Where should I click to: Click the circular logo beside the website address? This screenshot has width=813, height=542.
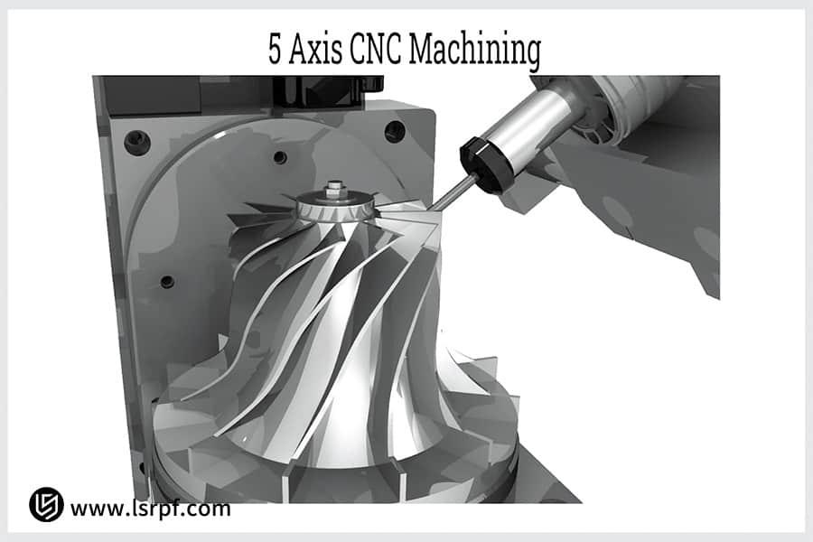46,505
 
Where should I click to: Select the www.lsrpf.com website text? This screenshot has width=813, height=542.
150,509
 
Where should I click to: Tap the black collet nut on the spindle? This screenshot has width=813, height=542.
482,163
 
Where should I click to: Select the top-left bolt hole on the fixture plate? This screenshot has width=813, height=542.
137,141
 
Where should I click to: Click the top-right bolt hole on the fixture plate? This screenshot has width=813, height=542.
395,131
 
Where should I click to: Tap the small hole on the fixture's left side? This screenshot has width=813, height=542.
166,281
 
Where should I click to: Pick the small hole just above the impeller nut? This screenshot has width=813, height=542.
280,157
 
